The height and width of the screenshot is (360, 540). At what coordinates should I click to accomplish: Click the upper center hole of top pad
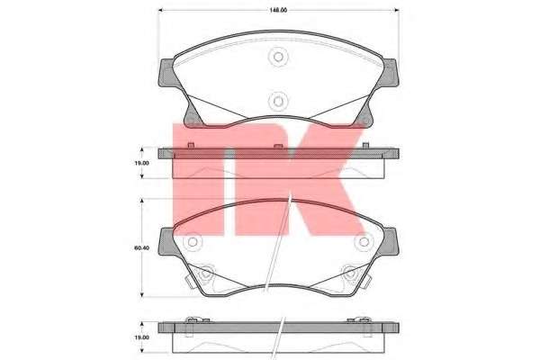[x=278, y=58]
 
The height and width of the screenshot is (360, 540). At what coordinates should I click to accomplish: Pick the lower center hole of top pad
[x=278, y=101]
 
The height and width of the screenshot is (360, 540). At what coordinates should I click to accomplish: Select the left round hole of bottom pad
[x=192, y=243]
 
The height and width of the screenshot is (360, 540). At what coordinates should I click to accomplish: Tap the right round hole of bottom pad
[x=363, y=243]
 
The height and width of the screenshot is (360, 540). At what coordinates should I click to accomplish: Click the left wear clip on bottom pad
[x=205, y=270]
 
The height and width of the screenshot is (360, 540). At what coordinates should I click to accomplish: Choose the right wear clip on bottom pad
[x=349, y=270]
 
